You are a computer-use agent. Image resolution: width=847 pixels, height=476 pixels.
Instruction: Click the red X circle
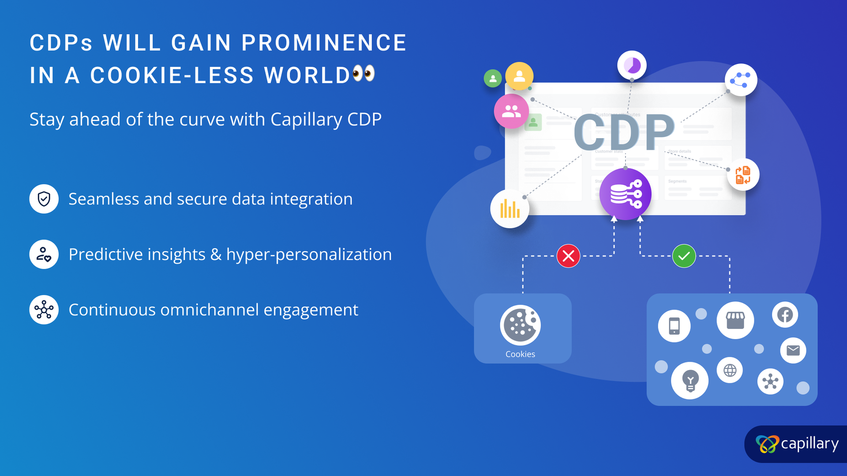(568, 256)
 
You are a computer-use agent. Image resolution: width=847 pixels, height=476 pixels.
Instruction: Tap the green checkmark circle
(684, 256)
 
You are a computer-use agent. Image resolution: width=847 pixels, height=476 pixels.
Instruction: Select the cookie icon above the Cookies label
(520, 325)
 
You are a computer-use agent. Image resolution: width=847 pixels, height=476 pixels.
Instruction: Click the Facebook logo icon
(785, 315)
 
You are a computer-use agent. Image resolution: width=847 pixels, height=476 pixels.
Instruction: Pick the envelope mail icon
(793, 351)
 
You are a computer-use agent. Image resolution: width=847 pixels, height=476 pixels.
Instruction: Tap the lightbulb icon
(690, 381)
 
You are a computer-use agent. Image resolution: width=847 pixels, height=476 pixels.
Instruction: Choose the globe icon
(730, 370)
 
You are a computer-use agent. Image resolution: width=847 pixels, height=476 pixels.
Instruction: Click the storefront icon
(735, 321)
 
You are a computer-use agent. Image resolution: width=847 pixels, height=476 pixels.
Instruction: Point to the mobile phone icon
(674, 326)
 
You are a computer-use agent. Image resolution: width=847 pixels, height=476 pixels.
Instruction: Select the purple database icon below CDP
(625, 194)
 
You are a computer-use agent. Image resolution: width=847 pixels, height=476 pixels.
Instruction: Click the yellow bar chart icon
(510, 209)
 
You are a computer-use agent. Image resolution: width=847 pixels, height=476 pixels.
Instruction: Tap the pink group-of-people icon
(511, 111)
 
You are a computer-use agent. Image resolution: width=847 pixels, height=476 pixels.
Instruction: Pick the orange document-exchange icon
(743, 175)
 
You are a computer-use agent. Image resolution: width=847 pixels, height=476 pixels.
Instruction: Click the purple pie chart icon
(632, 66)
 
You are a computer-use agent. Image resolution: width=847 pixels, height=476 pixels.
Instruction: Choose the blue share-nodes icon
(741, 80)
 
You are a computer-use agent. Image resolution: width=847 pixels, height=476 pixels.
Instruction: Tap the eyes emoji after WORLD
(364, 74)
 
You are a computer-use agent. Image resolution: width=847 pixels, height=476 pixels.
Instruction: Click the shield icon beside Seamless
(44, 199)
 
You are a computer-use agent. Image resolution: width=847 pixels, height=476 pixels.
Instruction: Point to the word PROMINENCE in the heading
(324, 43)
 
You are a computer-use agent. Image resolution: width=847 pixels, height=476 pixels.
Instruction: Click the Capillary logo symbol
(767, 444)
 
